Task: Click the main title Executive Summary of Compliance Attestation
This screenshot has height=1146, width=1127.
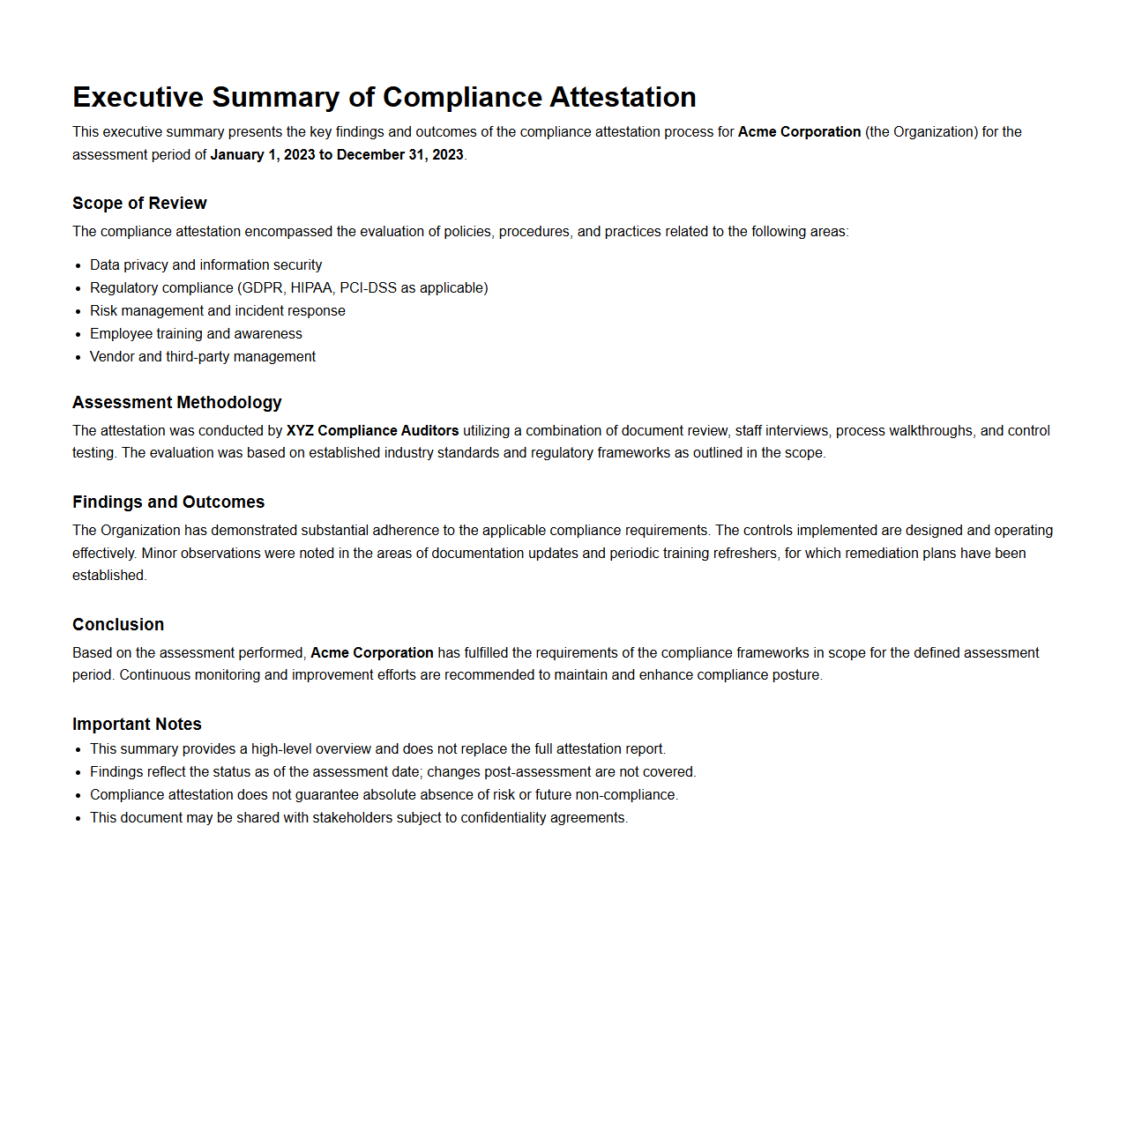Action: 384,97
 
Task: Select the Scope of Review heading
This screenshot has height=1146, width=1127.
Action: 139,204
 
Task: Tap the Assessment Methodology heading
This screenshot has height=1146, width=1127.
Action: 176,403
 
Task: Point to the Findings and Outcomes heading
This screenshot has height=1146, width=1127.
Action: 168,502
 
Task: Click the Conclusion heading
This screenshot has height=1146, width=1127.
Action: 118,625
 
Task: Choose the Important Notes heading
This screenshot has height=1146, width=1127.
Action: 137,725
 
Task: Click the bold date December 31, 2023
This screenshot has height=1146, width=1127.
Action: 399,155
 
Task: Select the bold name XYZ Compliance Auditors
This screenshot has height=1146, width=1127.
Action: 372,431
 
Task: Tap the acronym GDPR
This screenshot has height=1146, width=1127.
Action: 262,288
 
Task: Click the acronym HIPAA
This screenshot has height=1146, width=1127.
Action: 312,288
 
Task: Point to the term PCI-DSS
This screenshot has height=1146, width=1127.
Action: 368,288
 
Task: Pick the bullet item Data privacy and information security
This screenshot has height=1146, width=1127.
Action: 205,265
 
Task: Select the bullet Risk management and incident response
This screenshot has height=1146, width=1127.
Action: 217,311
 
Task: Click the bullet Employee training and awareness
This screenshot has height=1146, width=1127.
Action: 196,334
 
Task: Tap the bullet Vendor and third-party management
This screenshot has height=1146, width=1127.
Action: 202,357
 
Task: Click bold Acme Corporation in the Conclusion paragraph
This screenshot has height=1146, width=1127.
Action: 371,653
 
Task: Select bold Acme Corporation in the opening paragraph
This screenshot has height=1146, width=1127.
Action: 799,132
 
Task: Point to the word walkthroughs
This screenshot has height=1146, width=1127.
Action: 929,431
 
